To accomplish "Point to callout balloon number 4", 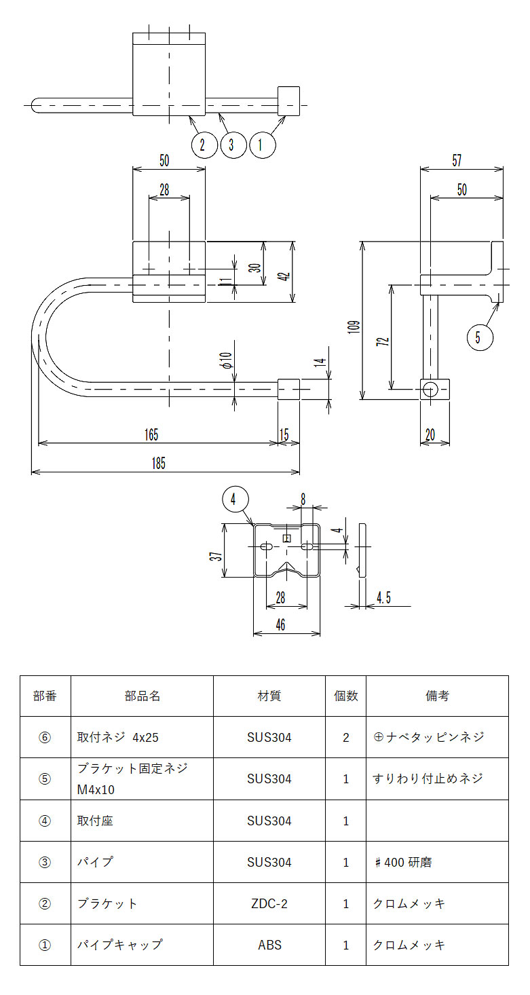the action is coord(235,500).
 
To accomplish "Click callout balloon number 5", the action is coord(480,337).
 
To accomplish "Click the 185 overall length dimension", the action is coord(159,464).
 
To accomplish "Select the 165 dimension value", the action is coord(151,434).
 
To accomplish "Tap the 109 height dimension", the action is coord(354,327).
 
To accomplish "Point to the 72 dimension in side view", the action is coord(383,341).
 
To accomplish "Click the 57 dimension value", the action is coord(457,160).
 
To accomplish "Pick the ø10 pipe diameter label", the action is coord(226,360).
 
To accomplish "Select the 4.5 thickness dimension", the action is coord(384,598).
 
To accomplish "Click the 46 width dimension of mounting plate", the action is coord(280,625).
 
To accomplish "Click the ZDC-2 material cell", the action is coord(269,903).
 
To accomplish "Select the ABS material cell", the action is coord(269,945).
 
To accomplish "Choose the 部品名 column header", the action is coord(142,696).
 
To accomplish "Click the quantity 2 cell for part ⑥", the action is coord(345,737).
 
